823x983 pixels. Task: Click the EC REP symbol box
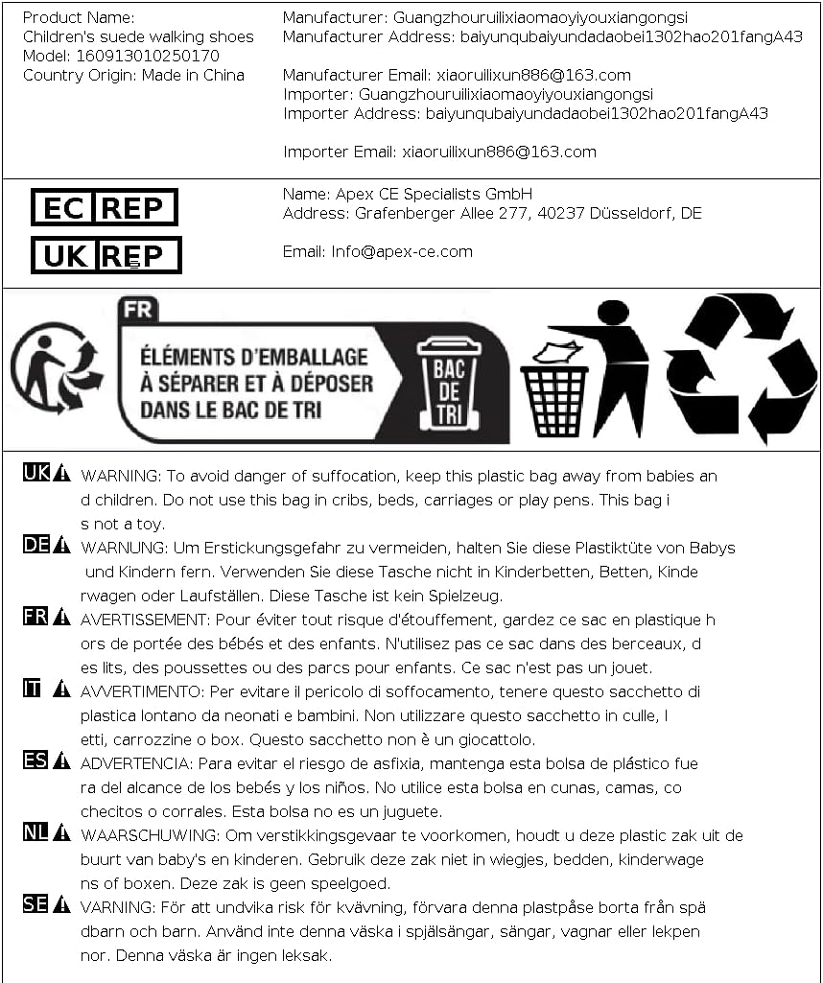[105, 207]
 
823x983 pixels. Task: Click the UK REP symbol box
[106, 255]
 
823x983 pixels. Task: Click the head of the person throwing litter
[613, 313]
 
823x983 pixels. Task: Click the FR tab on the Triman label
[138, 310]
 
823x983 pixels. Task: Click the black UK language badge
[35, 472]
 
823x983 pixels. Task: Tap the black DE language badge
[35, 545]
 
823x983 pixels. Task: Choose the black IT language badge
[33, 688]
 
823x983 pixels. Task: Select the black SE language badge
[35, 903]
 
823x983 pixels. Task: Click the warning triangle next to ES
[61, 761]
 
